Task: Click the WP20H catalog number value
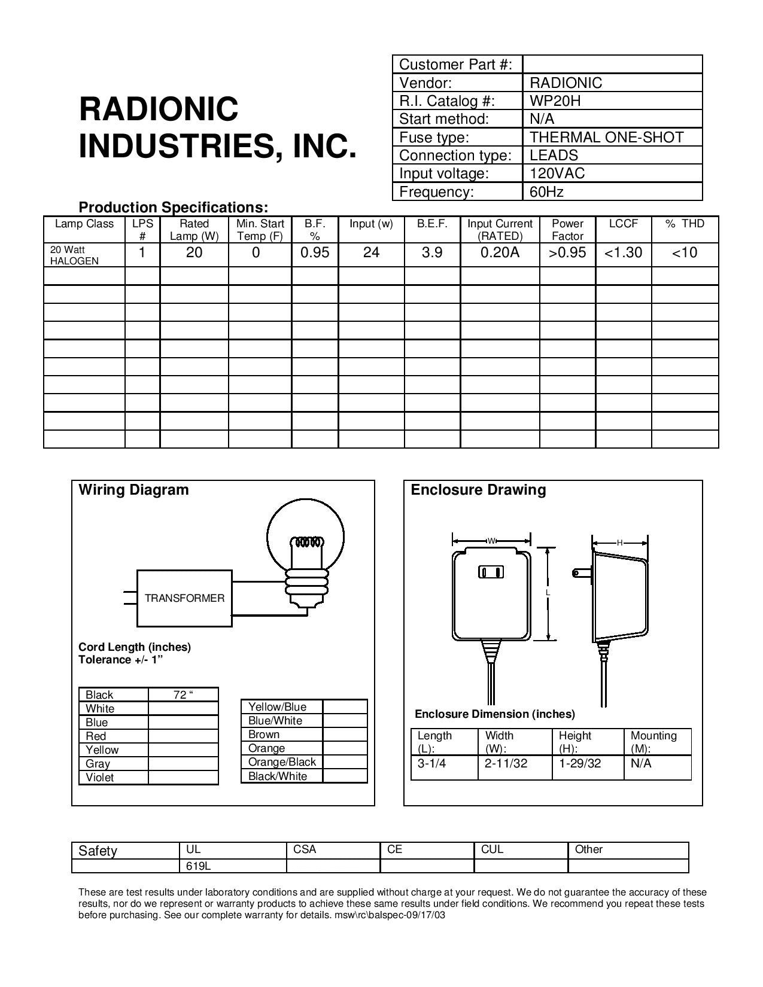[x=555, y=101]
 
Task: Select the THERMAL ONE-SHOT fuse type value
[x=606, y=137]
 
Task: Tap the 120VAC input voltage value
[x=557, y=173]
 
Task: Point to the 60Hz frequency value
[x=546, y=191]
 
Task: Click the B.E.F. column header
[x=432, y=224]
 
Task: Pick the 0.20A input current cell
[x=500, y=252]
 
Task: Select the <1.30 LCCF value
[x=623, y=252]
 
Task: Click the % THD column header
[x=685, y=224]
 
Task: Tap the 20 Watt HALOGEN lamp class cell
[x=74, y=255]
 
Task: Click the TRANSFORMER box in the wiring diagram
[x=184, y=598]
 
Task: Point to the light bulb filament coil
[x=307, y=543]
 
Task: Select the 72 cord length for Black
[x=183, y=694]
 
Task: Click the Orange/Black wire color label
[x=282, y=762]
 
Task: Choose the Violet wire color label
[x=99, y=777]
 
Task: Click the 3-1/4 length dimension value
[x=431, y=763]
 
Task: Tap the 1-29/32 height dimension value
[x=580, y=763]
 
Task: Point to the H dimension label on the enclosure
[x=620, y=543]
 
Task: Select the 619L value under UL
[x=198, y=866]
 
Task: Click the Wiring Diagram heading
[x=133, y=490]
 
